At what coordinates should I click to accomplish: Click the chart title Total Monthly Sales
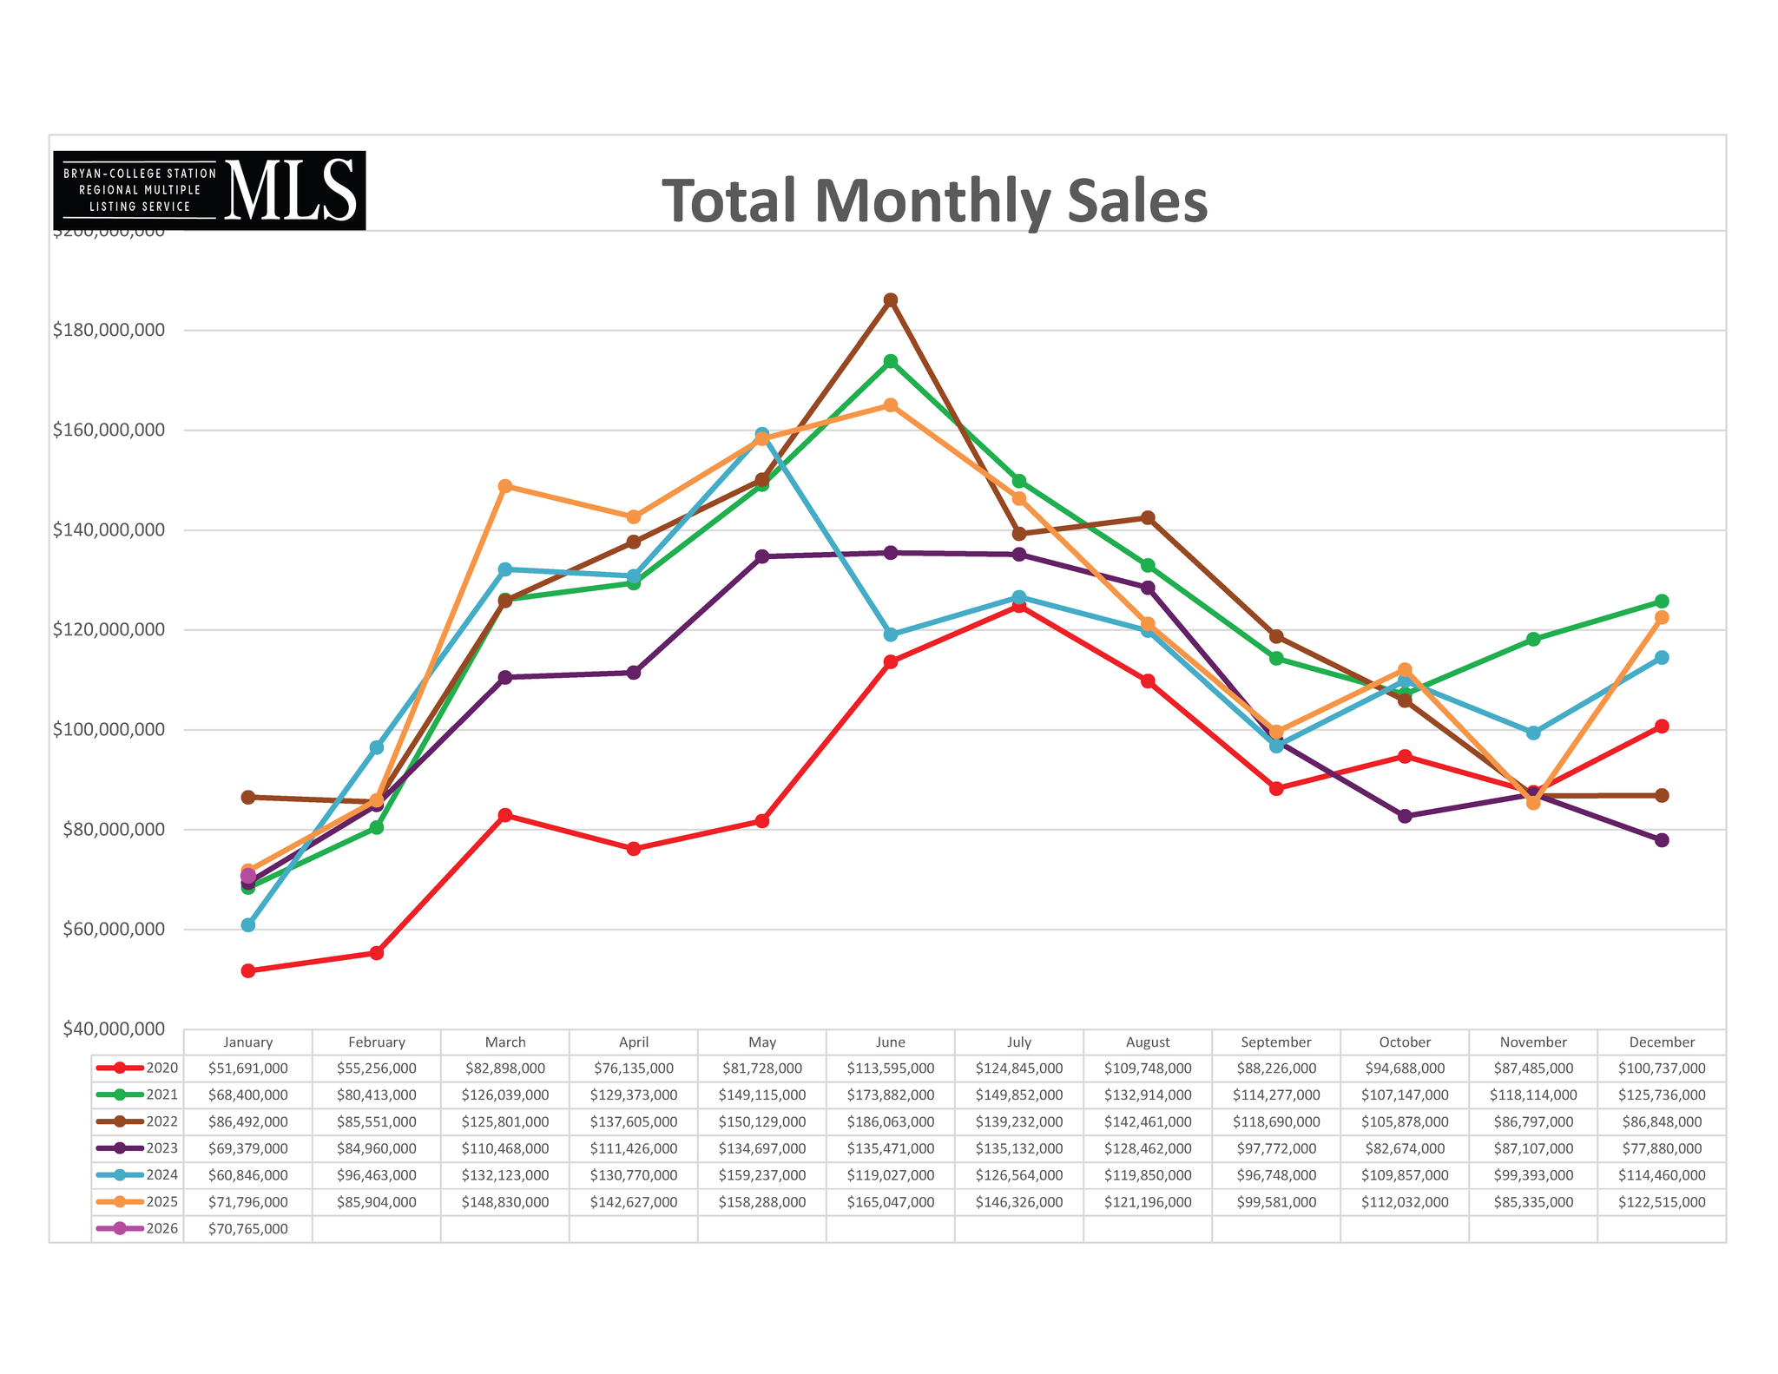(934, 201)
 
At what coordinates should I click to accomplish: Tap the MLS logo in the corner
(209, 190)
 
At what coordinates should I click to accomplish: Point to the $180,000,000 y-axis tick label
(109, 331)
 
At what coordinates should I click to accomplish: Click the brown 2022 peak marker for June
(891, 300)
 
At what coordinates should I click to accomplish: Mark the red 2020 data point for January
(248, 970)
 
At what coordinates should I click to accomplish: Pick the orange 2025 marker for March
(505, 486)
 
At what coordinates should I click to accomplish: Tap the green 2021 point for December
(1662, 602)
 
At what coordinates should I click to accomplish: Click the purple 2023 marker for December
(1662, 840)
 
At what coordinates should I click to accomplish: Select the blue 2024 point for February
(377, 747)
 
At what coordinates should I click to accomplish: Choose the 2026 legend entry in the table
(137, 1229)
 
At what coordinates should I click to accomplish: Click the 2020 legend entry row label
(137, 1068)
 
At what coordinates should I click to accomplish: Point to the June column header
(891, 1042)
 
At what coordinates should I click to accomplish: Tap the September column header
(1276, 1042)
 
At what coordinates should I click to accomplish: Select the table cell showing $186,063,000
(891, 1122)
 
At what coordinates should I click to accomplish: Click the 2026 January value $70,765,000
(248, 1229)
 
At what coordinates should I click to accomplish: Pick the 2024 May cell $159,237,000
(762, 1175)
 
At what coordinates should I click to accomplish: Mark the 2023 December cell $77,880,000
(1662, 1148)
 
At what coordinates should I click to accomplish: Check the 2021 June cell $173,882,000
(891, 1095)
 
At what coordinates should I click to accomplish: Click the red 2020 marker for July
(1019, 606)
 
